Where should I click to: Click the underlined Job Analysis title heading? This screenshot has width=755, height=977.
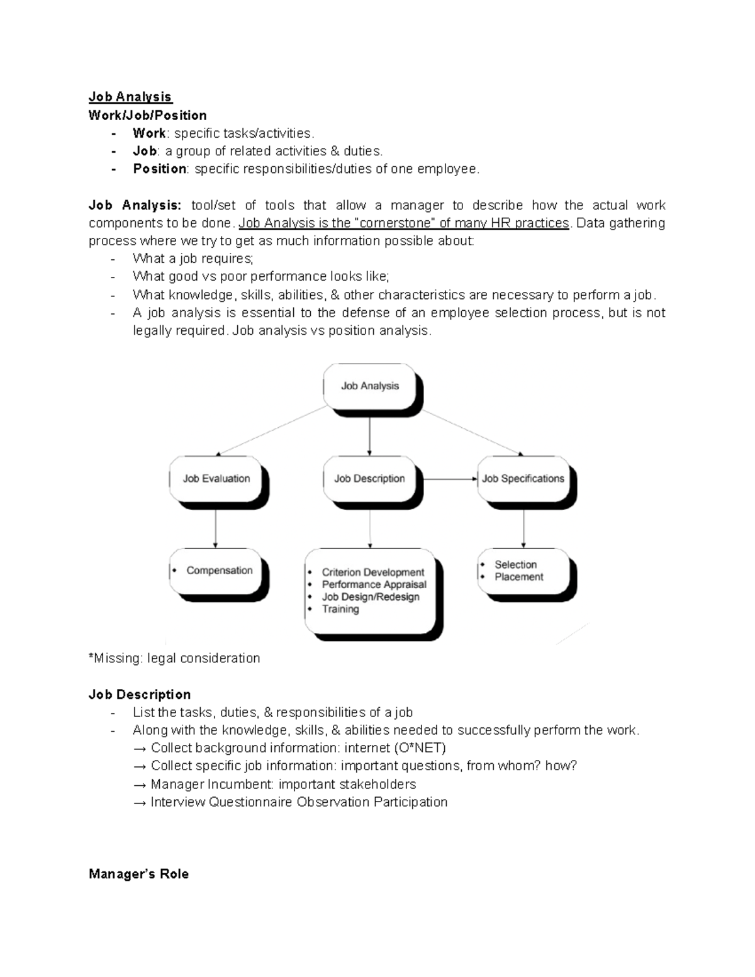[130, 97]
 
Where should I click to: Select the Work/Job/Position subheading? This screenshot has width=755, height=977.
[147, 115]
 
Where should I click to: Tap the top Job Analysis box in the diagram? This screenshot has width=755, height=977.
[370, 386]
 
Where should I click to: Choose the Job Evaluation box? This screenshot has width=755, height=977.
[216, 479]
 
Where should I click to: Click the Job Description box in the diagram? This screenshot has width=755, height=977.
[369, 479]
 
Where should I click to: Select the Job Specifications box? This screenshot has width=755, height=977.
[523, 479]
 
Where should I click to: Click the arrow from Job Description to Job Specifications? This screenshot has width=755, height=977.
[449, 479]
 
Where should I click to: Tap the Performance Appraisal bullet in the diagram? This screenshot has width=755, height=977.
[374, 584]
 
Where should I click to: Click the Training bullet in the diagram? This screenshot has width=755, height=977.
[340, 609]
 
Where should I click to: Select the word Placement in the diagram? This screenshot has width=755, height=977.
[518, 577]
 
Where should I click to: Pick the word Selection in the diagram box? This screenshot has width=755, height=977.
[515, 565]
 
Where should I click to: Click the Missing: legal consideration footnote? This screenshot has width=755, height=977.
[174, 658]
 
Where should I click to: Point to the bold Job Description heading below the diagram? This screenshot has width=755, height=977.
[140, 695]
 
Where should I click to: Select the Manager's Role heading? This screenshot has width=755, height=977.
[138, 874]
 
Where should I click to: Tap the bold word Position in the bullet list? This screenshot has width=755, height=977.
[159, 169]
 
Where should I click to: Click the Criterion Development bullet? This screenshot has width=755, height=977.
[373, 572]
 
